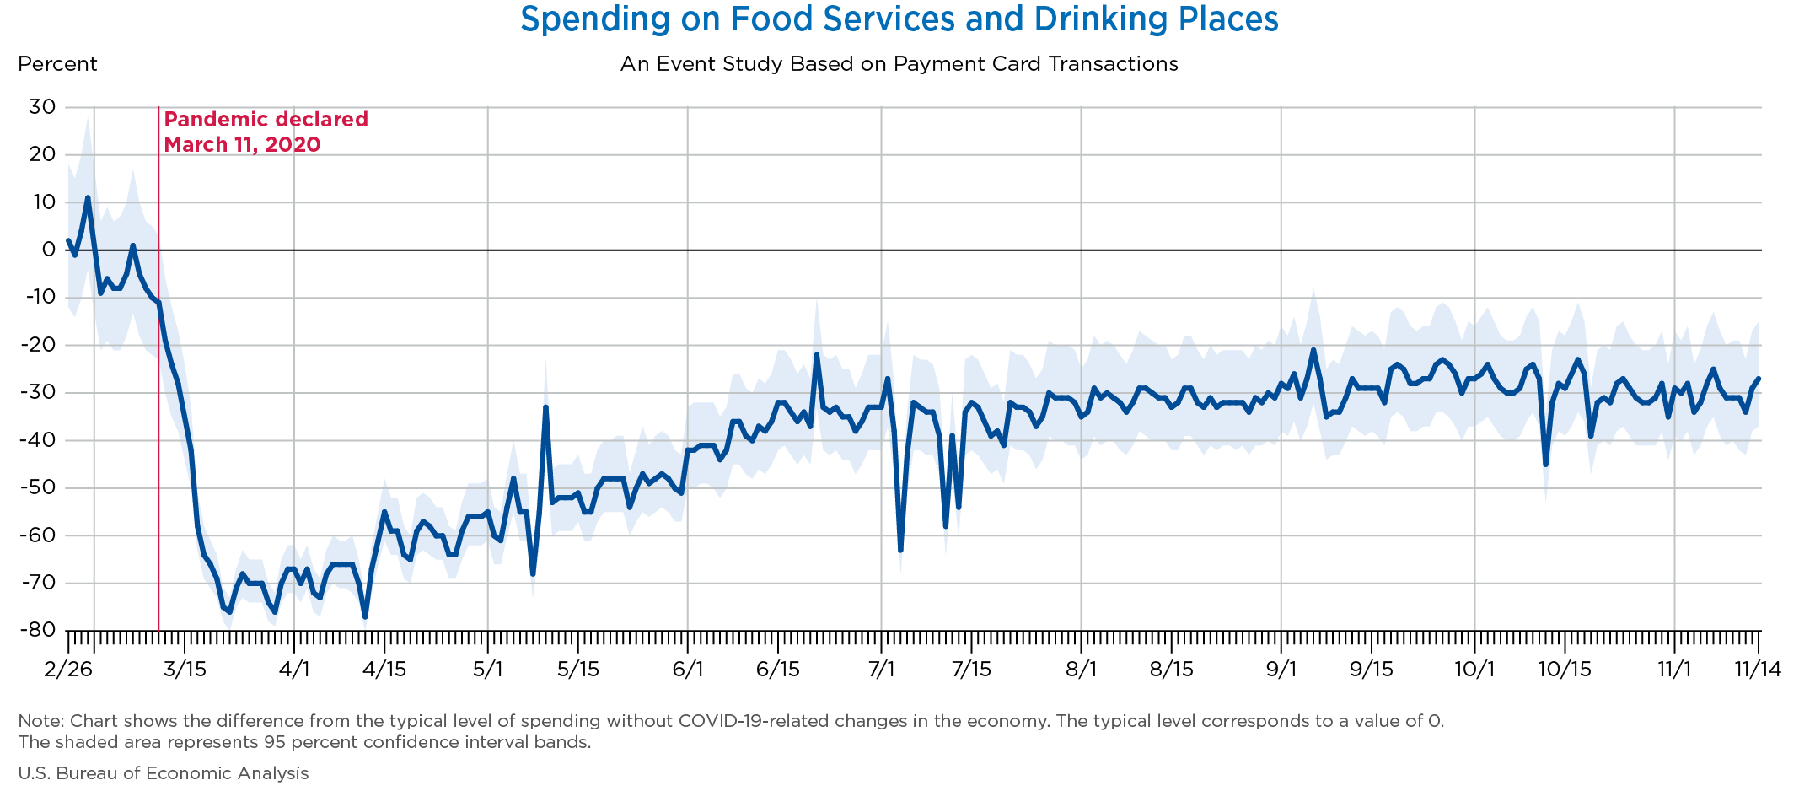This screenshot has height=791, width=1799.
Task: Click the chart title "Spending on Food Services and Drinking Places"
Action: click(x=899, y=19)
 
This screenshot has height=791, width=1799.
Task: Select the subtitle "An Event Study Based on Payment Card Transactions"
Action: click(x=899, y=64)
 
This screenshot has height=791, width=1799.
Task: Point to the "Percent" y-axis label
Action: click(x=57, y=64)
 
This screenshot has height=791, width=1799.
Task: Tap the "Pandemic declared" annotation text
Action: click(x=266, y=120)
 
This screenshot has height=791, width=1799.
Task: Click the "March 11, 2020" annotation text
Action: click(x=242, y=145)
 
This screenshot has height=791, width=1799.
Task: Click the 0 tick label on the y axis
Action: click(x=49, y=250)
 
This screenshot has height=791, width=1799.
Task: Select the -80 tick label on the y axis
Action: click(x=39, y=631)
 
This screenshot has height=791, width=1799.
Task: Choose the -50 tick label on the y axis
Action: click(x=39, y=488)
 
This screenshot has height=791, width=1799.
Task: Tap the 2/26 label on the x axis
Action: click(x=66, y=670)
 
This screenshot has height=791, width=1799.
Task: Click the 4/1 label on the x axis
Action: click(x=294, y=670)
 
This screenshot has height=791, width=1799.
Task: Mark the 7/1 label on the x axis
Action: click(x=881, y=670)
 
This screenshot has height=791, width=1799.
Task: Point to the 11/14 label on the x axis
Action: click(x=1757, y=670)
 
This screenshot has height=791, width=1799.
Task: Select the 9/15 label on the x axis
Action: click(x=1372, y=670)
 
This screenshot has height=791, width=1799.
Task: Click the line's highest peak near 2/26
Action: click(x=88, y=198)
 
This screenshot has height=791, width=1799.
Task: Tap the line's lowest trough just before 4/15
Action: click(x=365, y=616)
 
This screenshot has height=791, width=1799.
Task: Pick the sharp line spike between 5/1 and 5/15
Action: click(x=545, y=407)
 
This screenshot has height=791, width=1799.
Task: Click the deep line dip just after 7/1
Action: click(x=900, y=550)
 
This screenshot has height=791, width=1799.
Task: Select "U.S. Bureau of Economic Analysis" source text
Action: click(x=163, y=773)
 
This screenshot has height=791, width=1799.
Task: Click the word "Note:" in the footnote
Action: click(x=41, y=721)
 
